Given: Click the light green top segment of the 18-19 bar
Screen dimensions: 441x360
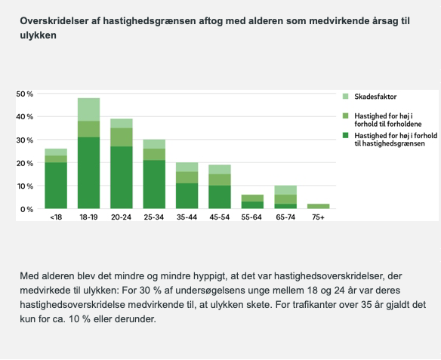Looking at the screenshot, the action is click(88, 109).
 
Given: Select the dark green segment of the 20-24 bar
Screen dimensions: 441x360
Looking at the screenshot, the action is click(122, 177).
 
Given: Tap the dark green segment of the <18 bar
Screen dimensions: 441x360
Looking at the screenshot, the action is click(56, 186).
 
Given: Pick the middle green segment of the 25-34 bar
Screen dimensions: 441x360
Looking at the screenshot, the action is click(154, 154).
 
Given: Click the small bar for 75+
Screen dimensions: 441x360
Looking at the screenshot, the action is click(319, 206).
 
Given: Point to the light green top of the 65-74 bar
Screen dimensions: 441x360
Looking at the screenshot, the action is click(285, 190).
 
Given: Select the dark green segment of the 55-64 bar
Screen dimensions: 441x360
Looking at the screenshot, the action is click(252, 205).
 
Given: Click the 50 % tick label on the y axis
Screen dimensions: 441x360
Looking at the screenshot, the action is click(25, 94).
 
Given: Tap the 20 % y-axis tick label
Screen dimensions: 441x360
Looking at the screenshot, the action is click(25, 163).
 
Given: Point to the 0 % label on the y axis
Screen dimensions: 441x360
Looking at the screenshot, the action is click(26, 209).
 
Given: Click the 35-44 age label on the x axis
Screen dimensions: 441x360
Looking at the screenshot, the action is click(187, 217).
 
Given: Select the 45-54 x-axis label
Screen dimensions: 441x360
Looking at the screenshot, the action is click(220, 217).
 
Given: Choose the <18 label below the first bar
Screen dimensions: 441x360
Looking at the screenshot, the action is click(56, 217).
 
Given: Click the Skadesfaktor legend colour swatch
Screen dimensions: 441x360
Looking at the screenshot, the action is click(346, 97).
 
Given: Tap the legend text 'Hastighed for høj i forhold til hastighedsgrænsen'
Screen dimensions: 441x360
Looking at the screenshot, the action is click(396, 140).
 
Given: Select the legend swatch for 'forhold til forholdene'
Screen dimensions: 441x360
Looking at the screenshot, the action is click(346, 115).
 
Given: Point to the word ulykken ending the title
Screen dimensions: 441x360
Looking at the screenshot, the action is click(38, 35).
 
